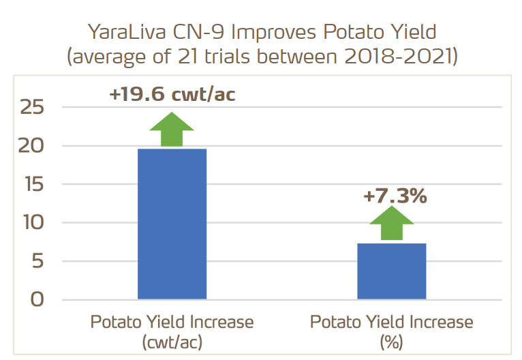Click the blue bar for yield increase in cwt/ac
coord(172,224)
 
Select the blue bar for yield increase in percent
coord(392,271)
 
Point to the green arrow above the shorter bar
coord(392,223)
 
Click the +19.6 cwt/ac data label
coord(172,94)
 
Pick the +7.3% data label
coord(395,196)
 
